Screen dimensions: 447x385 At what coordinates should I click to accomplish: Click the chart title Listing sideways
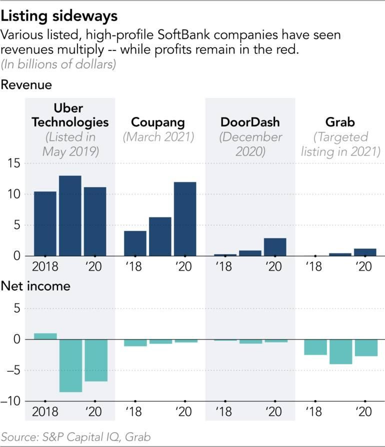59,16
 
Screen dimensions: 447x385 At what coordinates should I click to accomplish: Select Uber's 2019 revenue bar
70,215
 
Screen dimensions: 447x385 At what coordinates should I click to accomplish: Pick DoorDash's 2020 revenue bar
275,247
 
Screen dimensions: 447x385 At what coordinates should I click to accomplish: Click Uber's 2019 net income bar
70,365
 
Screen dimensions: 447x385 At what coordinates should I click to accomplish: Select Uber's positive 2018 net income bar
45,336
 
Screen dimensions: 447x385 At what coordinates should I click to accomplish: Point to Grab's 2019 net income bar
340,351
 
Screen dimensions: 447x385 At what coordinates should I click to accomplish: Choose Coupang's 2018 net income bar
135,342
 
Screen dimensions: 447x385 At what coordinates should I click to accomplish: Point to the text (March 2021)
157,137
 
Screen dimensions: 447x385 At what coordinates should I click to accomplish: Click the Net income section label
35,286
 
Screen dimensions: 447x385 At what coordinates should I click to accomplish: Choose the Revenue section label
26,85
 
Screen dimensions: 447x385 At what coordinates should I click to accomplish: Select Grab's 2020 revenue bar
365,252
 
